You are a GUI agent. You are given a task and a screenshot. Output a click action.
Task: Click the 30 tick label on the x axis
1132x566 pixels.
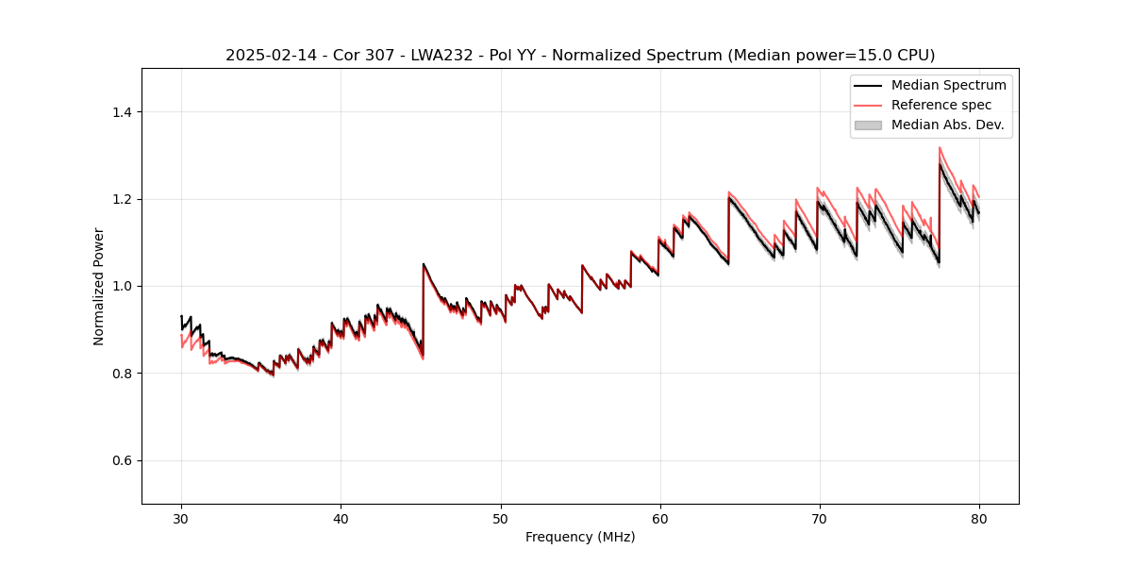click(x=181, y=518)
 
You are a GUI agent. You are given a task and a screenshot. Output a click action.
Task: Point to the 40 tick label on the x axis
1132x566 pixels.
click(x=341, y=518)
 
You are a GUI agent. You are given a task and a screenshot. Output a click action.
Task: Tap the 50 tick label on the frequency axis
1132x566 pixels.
click(x=500, y=518)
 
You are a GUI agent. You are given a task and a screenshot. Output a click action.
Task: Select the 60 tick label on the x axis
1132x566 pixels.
click(x=659, y=518)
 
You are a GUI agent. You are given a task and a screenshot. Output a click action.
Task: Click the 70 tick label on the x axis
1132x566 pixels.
click(x=819, y=518)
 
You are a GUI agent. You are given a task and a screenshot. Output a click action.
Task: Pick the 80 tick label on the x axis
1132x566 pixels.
click(x=978, y=518)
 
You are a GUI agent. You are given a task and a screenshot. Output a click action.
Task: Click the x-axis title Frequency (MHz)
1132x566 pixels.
click(x=580, y=537)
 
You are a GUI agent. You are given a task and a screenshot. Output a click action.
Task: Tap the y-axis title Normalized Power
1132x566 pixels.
click(x=99, y=286)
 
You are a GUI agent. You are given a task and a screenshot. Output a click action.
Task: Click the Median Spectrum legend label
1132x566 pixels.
click(x=948, y=85)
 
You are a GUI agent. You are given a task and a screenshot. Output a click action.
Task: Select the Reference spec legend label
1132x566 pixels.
click(x=941, y=105)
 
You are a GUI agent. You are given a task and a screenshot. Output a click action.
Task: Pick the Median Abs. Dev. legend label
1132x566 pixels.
click(x=947, y=125)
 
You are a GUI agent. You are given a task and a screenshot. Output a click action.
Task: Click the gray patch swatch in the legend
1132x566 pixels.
click(x=868, y=125)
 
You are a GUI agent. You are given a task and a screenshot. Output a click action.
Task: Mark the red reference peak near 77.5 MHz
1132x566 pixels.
click(x=940, y=147)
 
